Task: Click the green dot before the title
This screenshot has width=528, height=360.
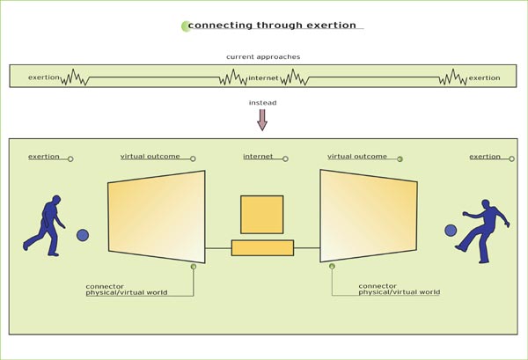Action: click(x=185, y=26)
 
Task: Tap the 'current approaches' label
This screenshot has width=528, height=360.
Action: click(x=262, y=56)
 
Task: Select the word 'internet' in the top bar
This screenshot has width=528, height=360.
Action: click(x=263, y=77)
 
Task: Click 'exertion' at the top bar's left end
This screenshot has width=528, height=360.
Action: click(x=44, y=77)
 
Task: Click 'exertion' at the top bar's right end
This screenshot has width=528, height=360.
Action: click(x=484, y=77)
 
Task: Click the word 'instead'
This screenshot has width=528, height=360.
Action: click(x=263, y=103)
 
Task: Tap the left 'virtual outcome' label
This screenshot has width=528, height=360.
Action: click(x=150, y=156)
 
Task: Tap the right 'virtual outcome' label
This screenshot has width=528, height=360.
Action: click(x=356, y=156)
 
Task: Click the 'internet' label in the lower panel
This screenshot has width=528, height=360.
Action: click(x=258, y=156)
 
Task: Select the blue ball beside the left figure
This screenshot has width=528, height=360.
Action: click(x=83, y=235)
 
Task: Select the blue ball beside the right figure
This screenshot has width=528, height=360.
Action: click(x=451, y=231)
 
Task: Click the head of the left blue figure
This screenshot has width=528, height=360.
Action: click(x=56, y=201)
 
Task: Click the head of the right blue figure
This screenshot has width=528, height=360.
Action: click(x=485, y=203)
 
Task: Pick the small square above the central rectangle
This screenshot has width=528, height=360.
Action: click(x=262, y=214)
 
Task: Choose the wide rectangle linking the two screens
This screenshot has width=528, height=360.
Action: click(x=262, y=247)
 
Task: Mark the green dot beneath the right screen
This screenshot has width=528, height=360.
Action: click(x=332, y=266)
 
